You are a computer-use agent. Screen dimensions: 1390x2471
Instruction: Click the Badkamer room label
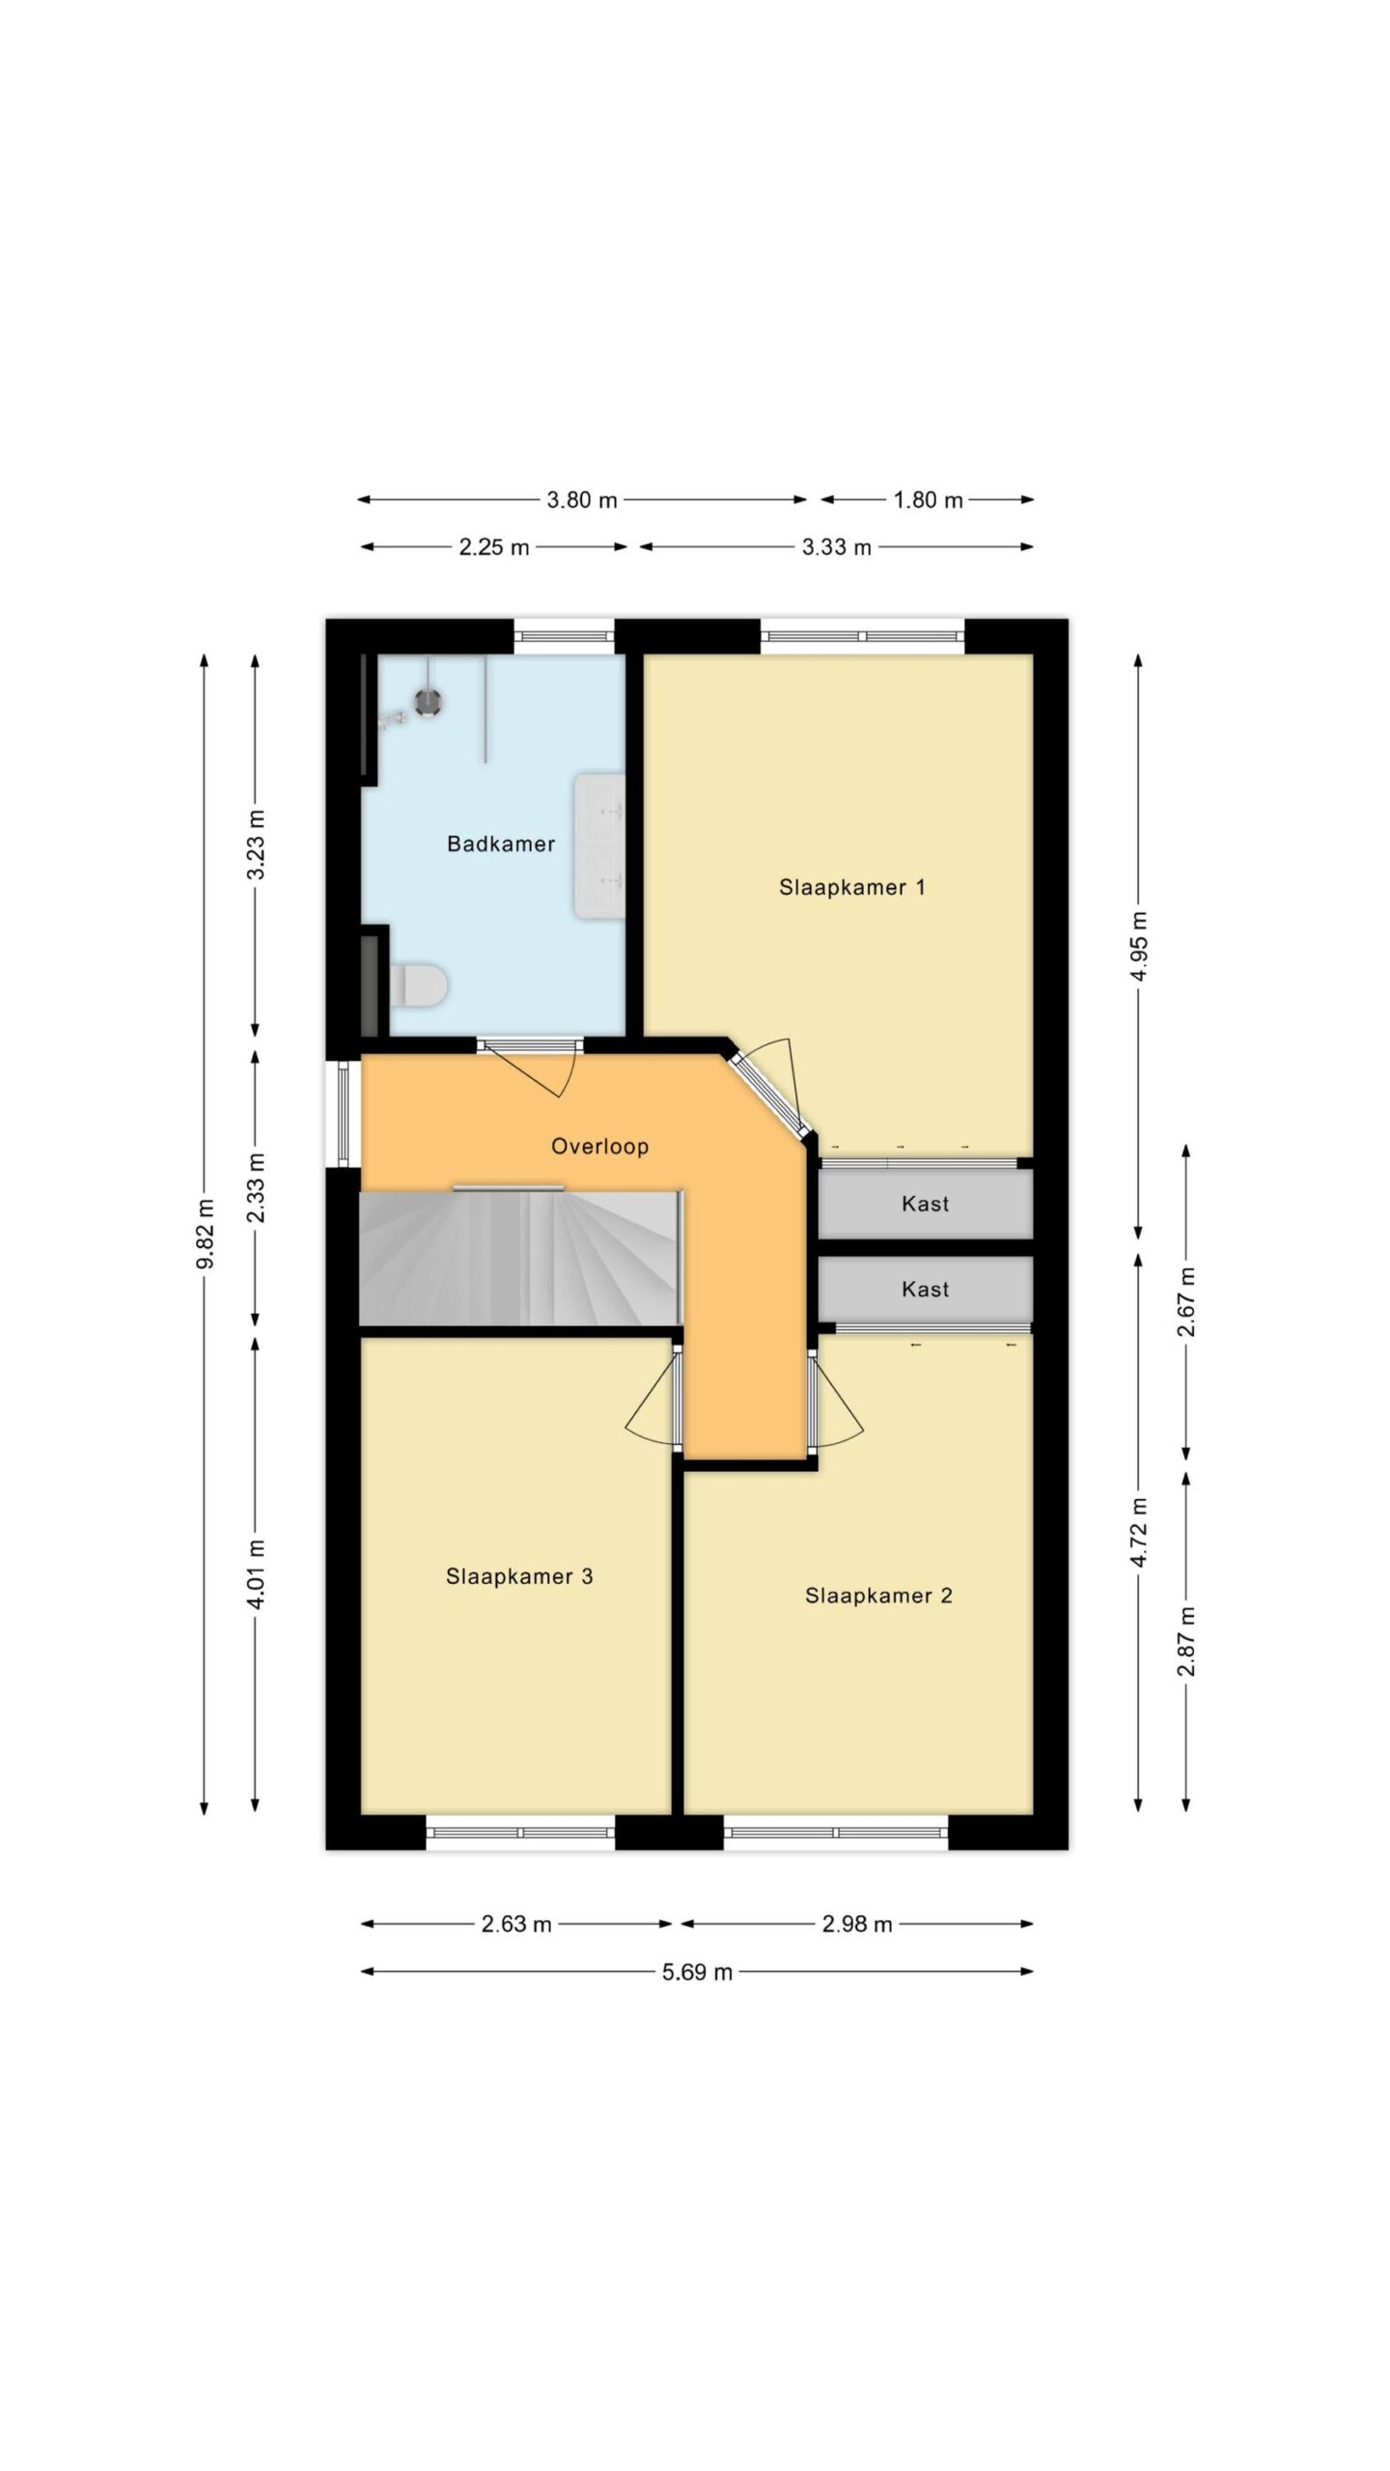pyautogui.click(x=500, y=844)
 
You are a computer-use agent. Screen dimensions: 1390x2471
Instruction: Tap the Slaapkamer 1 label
pyautogui.click(x=851, y=886)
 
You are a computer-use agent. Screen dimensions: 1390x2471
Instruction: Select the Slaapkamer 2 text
pyautogui.click(x=878, y=1596)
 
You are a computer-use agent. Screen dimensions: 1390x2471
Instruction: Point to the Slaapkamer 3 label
pyautogui.click(x=518, y=1576)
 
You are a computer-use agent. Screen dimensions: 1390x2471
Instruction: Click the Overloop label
pyautogui.click(x=599, y=1146)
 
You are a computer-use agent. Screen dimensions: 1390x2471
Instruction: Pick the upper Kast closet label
pyautogui.click(x=925, y=1204)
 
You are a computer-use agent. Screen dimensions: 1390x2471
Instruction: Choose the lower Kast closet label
pyautogui.click(x=925, y=1289)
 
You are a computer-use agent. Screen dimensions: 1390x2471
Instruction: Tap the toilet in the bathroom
pyautogui.click(x=418, y=986)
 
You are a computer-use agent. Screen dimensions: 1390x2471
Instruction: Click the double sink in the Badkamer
pyautogui.click(x=599, y=845)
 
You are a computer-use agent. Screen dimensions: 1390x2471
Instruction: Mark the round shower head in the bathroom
pyautogui.click(x=429, y=702)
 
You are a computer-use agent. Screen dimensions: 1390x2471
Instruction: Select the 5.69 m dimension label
pyautogui.click(x=697, y=1972)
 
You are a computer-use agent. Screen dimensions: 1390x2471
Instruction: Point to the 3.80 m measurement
pyautogui.click(x=581, y=500)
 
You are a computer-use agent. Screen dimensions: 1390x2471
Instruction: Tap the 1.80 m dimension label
pyautogui.click(x=927, y=500)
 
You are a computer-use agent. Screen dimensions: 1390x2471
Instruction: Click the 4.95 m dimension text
pyautogui.click(x=1139, y=945)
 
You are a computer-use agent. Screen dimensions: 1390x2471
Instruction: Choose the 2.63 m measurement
pyautogui.click(x=516, y=1925)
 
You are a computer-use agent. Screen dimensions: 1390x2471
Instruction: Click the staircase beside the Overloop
pyautogui.click(x=519, y=1258)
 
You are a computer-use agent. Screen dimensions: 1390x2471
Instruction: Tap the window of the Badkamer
pyautogui.click(x=564, y=636)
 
